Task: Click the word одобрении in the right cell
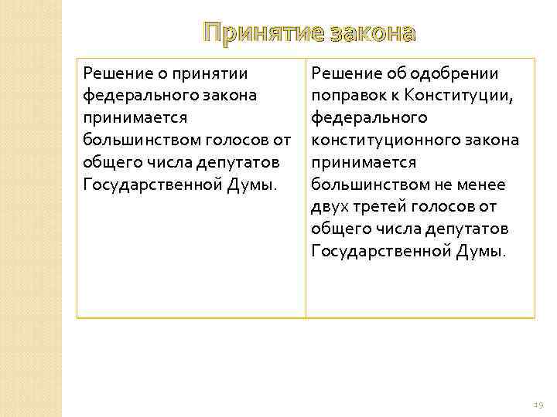[x=459, y=73]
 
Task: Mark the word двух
[x=329, y=206]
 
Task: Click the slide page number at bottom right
[x=538, y=404]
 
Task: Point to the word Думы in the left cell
[x=258, y=185]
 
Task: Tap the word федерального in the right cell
[x=368, y=117]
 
